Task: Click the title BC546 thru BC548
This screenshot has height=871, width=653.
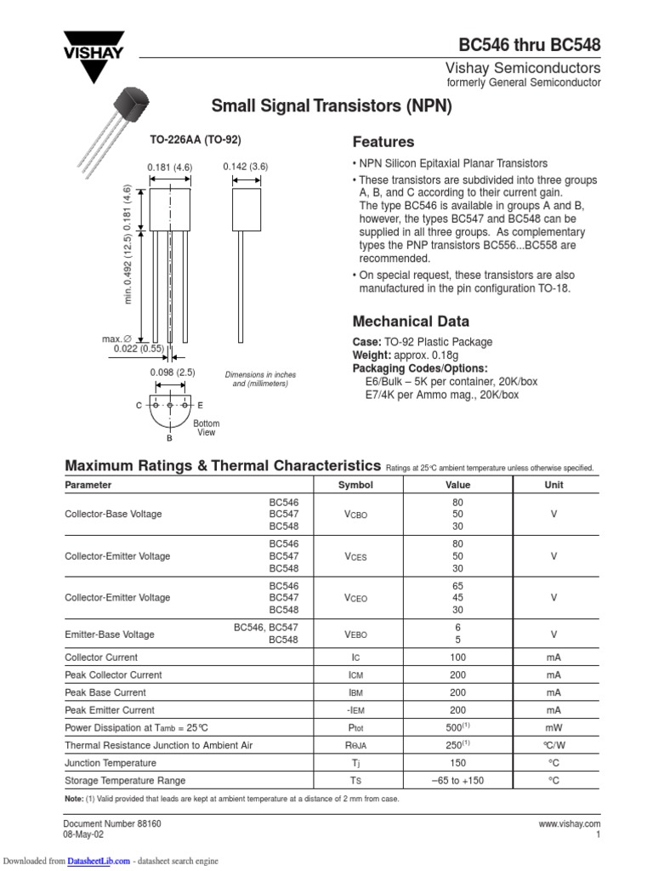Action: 530,43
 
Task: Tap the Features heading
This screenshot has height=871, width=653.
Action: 383,142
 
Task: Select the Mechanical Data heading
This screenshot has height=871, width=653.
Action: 411,322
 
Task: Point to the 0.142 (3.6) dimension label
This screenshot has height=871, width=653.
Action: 246,167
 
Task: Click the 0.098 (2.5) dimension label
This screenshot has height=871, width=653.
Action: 173,373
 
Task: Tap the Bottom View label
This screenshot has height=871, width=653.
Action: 207,428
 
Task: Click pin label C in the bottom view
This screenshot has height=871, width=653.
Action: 139,406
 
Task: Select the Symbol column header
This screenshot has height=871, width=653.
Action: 355,485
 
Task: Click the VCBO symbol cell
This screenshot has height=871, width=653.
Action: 355,515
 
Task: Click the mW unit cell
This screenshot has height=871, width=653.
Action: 554,728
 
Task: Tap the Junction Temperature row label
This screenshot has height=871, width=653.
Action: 111,763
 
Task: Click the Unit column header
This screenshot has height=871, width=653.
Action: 554,485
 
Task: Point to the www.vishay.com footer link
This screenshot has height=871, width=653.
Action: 570,824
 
